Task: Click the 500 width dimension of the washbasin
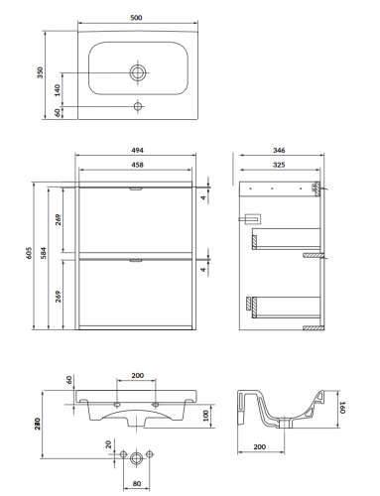point(136,18)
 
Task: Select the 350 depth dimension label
point(40,72)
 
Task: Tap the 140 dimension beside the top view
point(58,90)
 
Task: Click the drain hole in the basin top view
point(138,72)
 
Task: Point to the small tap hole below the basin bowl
point(138,106)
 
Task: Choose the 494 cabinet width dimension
point(137,151)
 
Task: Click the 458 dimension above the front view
point(137,165)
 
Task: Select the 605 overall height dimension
point(29,253)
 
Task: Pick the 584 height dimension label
point(44,253)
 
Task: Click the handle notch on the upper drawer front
point(136,188)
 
